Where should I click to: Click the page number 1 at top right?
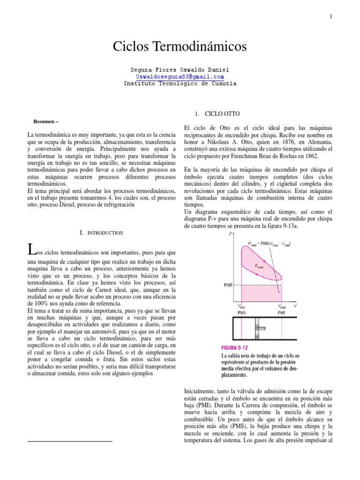click(x=331, y=17)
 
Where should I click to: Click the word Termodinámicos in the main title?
click(x=204, y=47)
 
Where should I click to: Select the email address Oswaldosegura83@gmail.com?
click(x=180, y=76)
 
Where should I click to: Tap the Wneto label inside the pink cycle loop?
click(x=258, y=265)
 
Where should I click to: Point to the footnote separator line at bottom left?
click(x=70, y=441)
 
